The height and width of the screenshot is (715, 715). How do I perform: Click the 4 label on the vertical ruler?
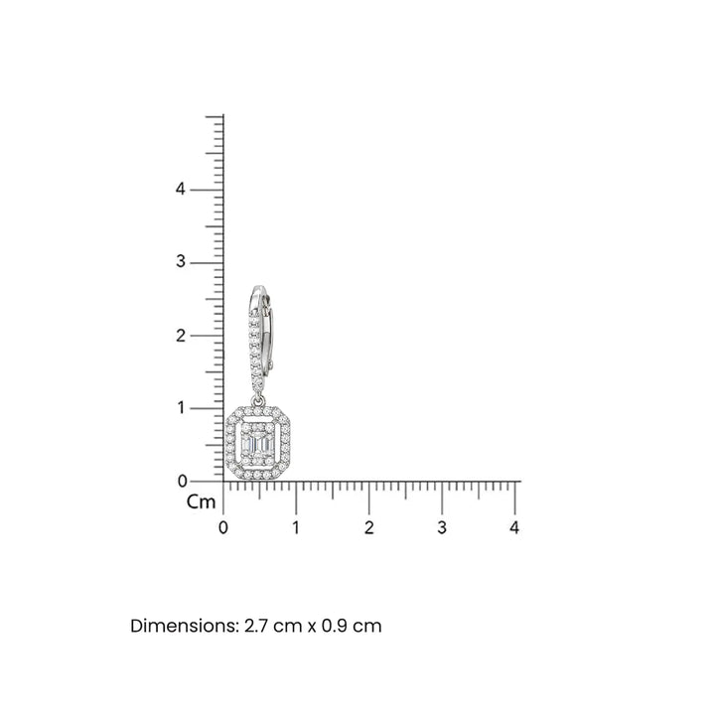point(181,189)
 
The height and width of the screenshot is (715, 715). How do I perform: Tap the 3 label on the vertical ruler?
point(181,262)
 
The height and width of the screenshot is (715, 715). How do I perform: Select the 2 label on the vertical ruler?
point(181,336)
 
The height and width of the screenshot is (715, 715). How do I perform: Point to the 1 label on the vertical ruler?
point(182,408)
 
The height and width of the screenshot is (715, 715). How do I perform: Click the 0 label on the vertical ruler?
point(183,481)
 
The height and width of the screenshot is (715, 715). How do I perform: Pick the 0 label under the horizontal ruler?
point(223,527)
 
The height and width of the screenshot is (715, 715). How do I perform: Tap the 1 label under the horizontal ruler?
point(296,527)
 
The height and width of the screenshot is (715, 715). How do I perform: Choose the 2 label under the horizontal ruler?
point(368,527)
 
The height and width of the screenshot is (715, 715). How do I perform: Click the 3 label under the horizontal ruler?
point(442,527)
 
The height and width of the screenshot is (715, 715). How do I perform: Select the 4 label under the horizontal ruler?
point(514,527)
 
